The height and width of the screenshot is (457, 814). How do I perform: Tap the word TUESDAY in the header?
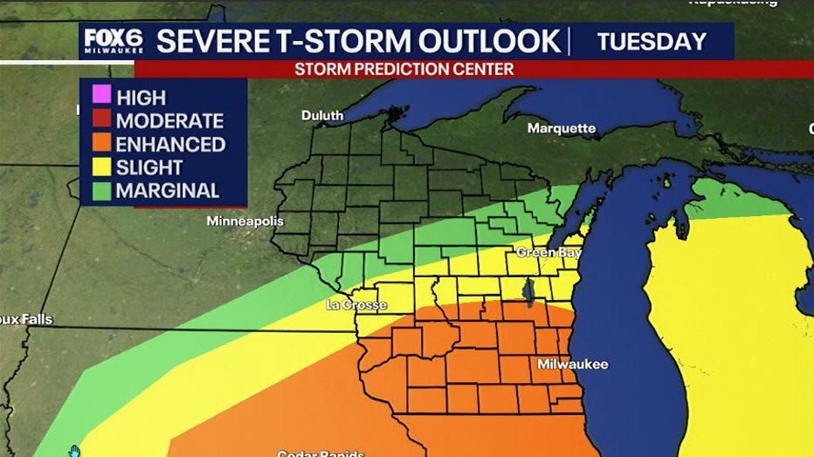(652, 41)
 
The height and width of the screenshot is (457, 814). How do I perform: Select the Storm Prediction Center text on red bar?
(404, 68)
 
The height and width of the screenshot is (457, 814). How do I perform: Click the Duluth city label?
(322, 115)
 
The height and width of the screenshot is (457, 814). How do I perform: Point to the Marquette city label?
(561, 128)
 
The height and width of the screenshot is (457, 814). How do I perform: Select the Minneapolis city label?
(245, 222)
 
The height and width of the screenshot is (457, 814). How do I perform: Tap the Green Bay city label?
(548, 252)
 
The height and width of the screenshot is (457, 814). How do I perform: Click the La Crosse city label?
(355, 305)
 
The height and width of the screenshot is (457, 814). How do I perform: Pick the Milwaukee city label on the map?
(572, 364)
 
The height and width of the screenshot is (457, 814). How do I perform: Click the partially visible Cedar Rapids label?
(320, 453)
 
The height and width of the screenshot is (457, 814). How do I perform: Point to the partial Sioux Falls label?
(26, 320)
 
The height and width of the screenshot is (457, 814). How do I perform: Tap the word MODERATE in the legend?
(169, 121)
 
